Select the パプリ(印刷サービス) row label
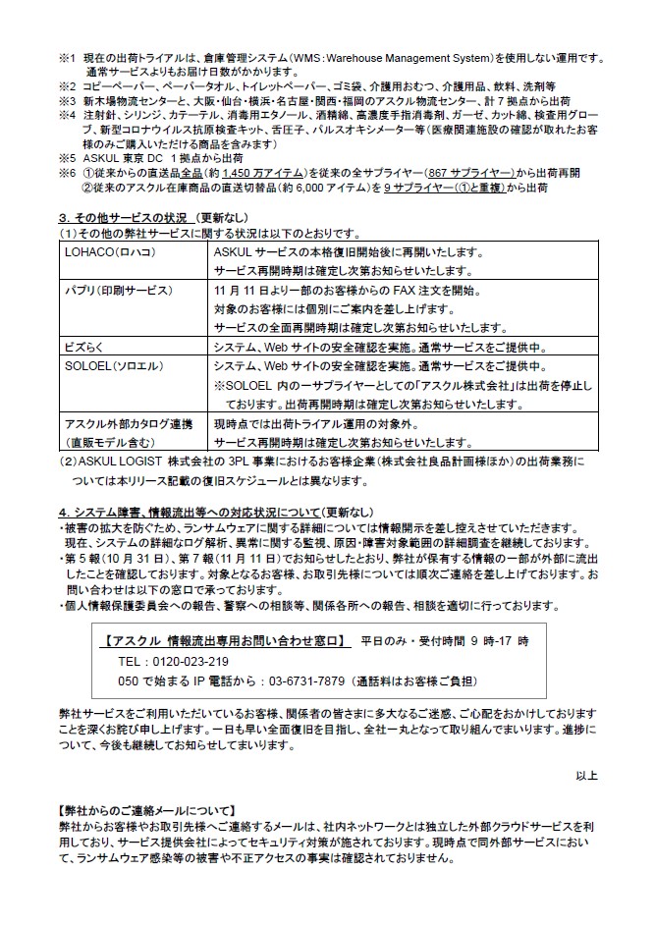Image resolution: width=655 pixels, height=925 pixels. click(x=118, y=290)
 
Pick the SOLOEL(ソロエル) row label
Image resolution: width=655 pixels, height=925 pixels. click(x=108, y=364)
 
